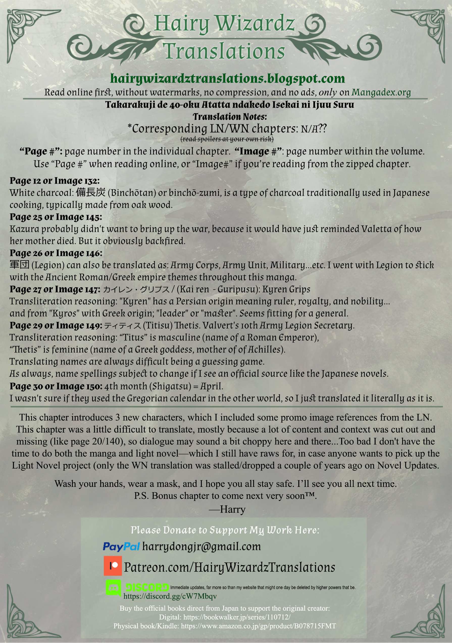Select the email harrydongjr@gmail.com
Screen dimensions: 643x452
coord(202,546)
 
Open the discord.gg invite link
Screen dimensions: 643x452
coord(170,596)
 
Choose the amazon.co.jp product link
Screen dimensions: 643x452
coord(258,626)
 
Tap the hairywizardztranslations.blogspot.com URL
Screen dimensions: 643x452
coord(227,78)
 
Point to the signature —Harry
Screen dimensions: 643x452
coord(227,509)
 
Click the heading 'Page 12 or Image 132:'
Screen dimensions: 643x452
coord(55,181)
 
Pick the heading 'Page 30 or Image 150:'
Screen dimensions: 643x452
coord(56,386)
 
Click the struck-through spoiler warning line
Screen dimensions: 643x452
coord(227,139)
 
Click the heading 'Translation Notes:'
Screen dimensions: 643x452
coord(230,116)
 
